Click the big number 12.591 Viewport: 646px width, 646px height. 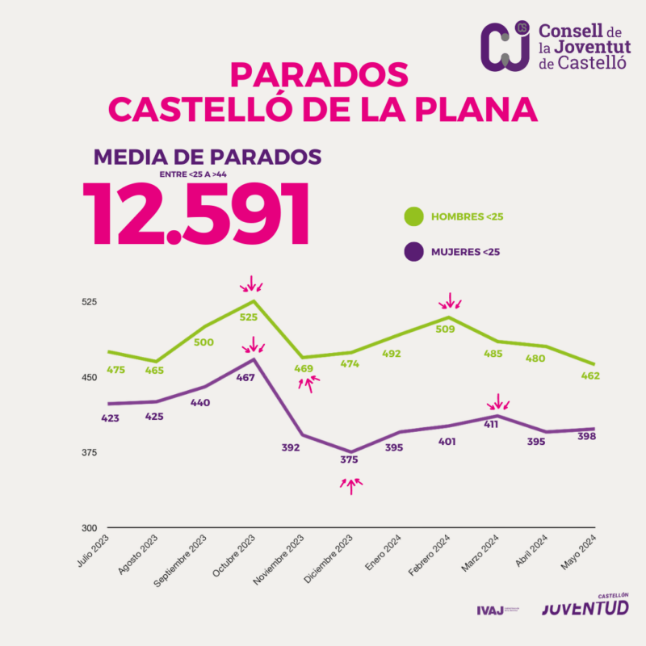coord(197,214)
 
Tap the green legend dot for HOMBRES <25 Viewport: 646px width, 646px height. coord(413,216)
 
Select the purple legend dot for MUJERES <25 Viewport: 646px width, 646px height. coord(413,252)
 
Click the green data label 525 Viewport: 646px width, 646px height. coord(249,317)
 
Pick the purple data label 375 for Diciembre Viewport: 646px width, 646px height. coord(349,459)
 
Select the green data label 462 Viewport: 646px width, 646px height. coord(590,376)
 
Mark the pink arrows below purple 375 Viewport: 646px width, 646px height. coord(351,484)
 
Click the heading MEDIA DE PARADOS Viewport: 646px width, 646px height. coord(208,157)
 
